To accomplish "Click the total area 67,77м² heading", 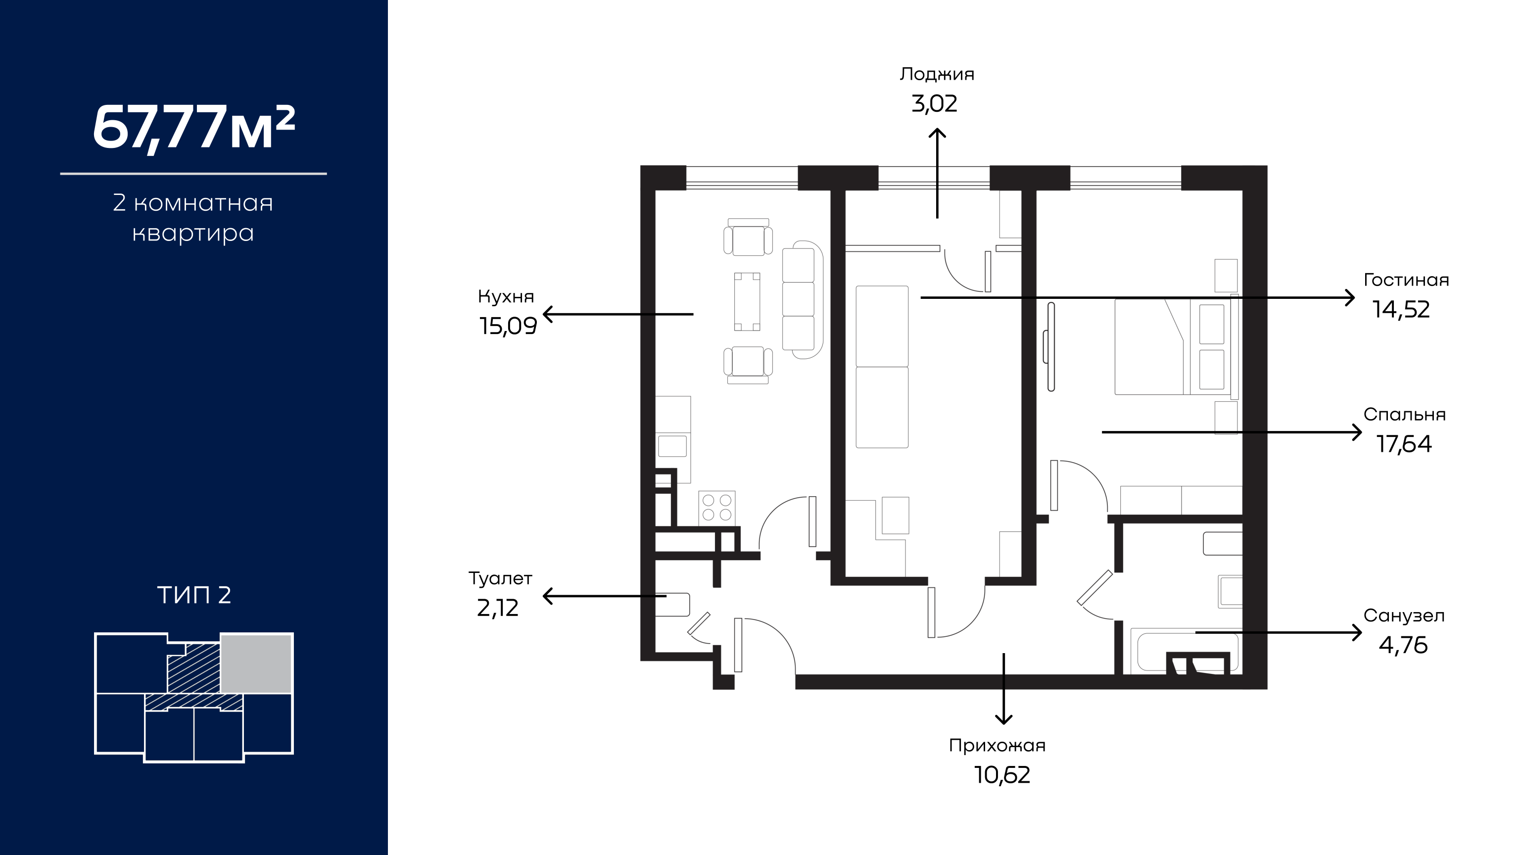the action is (x=193, y=128).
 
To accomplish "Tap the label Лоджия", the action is (x=937, y=74).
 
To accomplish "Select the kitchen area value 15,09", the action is (x=508, y=326).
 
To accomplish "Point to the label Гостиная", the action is (x=1406, y=280).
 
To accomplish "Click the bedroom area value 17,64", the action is (x=1404, y=444).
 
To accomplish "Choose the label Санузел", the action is (x=1404, y=616).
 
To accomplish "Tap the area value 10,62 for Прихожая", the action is (x=1002, y=775).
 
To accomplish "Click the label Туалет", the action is (x=500, y=578).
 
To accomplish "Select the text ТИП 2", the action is (x=194, y=595).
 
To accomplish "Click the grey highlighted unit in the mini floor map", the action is (x=256, y=663).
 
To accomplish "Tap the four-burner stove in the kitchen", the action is (x=717, y=508).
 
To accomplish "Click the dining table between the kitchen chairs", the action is (x=747, y=301).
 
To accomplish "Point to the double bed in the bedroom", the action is (x=1174, y=347).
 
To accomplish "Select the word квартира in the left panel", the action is (x=193, y=234).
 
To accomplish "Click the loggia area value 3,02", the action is (x=934, y=104).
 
